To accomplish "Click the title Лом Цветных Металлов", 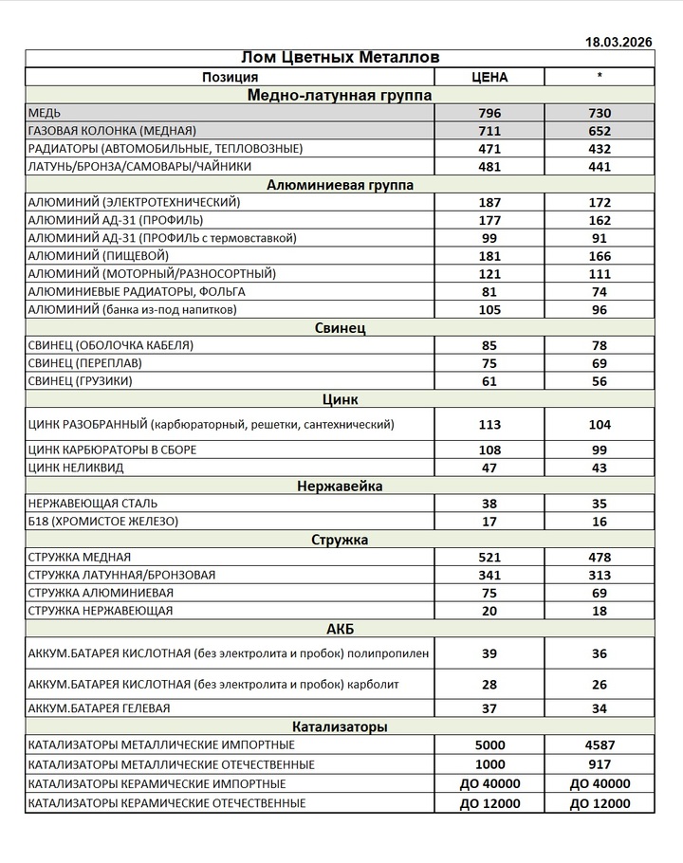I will (x=340, y=59).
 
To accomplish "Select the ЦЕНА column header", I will (x=489, y=77).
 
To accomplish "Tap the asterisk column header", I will (x=600, y=77).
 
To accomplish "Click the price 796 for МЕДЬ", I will (x=489, y=113).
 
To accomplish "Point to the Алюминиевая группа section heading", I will (x=340, y=184).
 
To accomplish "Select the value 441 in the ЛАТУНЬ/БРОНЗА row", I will (x=600, y=166).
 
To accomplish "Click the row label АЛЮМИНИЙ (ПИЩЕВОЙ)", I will (x=99, y=256).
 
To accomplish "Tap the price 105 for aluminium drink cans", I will (x=489, y=309).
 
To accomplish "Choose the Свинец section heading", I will (x=340, y=328).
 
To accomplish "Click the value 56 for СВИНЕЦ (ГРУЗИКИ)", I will (x=600, y=381).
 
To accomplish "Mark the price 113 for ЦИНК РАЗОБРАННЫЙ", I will (x=489, y=424).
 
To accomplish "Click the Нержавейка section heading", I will (x=340, y=487).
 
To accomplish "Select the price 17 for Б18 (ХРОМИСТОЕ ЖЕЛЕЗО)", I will (x=489, y=522).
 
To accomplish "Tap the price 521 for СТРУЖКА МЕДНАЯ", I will (x=489, y=558).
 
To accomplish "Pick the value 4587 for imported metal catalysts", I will (x=600, y=745).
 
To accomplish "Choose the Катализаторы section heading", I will (x=340, y=727).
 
